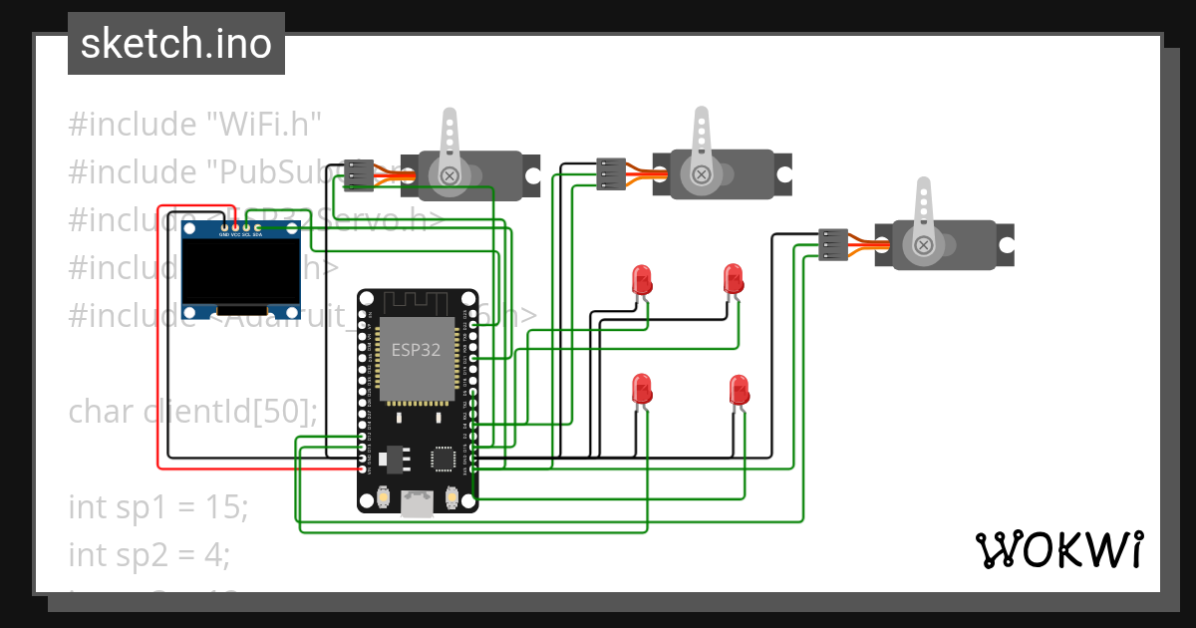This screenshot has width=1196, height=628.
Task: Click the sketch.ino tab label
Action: tap(175, 44)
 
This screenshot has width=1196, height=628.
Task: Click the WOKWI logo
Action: tap(1058, 549)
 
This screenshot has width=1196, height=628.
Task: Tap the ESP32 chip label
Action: tap(414, 350)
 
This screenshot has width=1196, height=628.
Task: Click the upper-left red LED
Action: tap(643, 278)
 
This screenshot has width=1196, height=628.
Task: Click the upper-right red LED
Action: tap(734, 278)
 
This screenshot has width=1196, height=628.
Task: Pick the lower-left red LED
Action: tap(643, 389)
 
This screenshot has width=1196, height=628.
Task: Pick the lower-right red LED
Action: tap(739, 389)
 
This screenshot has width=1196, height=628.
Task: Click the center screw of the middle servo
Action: tap(702, 175)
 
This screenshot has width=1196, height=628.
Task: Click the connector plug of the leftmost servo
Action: tap(358, 174)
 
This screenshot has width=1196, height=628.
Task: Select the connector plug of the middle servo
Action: tap(611, 173)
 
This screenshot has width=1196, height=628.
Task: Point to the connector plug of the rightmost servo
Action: tap(833, 244)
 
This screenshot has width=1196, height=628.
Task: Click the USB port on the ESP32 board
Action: tap(418, 505)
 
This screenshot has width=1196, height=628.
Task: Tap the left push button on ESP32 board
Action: tap(384, 497)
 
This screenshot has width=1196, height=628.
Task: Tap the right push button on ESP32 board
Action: tap(451, 497)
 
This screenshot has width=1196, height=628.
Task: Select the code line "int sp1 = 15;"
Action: tap(156, 506)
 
